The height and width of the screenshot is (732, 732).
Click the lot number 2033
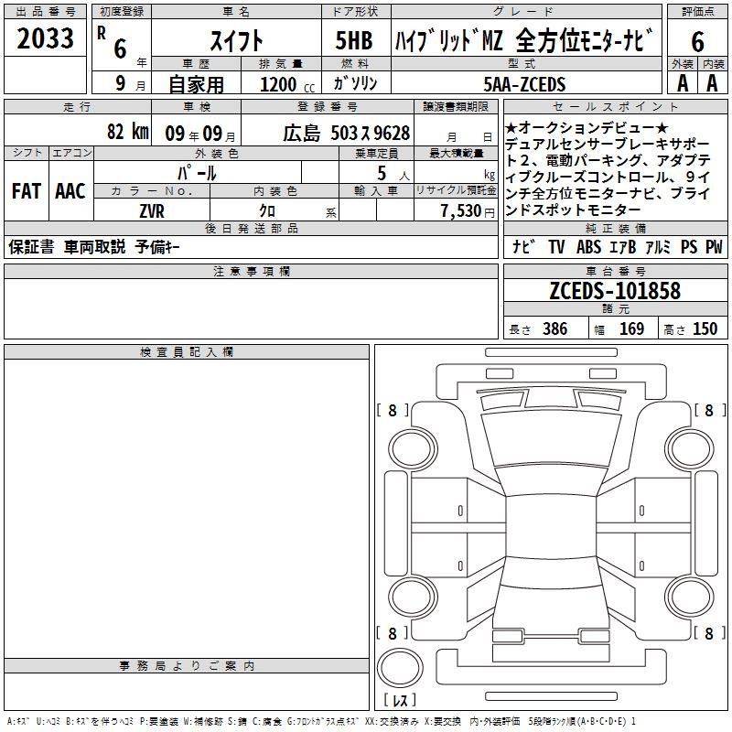[45, 38]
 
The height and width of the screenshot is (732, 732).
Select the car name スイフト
[237, 40]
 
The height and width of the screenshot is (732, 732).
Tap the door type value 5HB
[354, 40]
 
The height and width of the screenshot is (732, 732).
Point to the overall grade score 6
[697, 42]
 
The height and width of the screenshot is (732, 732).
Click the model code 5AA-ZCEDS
[524, 84]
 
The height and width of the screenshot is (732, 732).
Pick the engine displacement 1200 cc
[287, 84]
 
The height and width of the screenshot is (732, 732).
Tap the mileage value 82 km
[127, 131]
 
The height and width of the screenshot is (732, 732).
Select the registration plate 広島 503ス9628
[347, 134]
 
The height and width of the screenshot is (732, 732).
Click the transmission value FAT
[27, 191]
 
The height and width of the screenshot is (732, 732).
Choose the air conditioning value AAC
[70, 191]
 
